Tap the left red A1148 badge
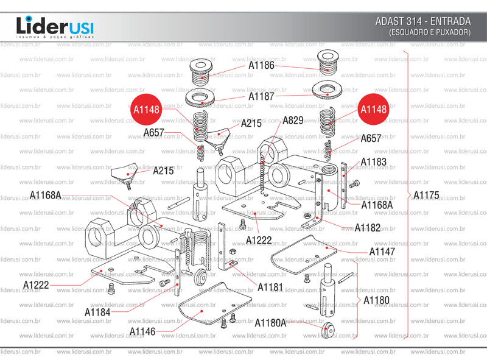tap(145, 110)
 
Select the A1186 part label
tap(261, 65)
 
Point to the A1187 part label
tap(261, 96)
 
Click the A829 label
tap(293, 120)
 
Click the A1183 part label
tap(373, 162)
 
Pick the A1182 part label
tap(368, 228)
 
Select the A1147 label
tap(382, 252)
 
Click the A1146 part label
tap(142, 331)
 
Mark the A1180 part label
tap(376, 300)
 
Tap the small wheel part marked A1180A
tap(329, 330)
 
